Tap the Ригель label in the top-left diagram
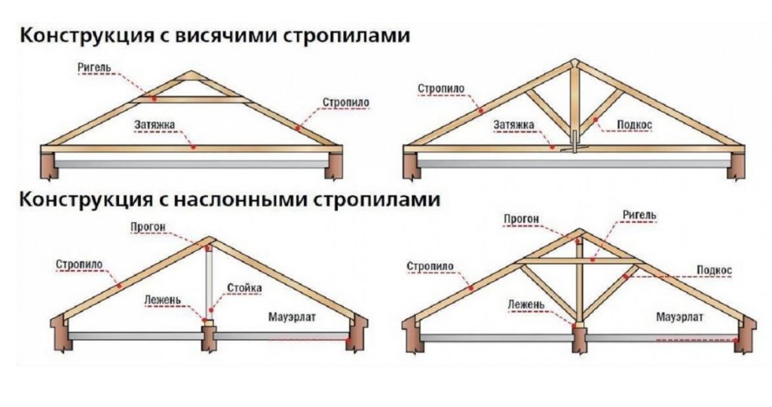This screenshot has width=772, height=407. pyautogui.click(x=94, y=68)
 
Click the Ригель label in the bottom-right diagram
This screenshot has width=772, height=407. pyautogui.click(x=639, y=215)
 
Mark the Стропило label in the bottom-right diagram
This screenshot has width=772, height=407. pyautogui.click(x=429, y=266)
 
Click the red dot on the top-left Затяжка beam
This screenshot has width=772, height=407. pyautogui.click(x=193, y=148)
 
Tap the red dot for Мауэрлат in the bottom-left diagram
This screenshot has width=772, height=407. pyautogui.click(x=348, y=340)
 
